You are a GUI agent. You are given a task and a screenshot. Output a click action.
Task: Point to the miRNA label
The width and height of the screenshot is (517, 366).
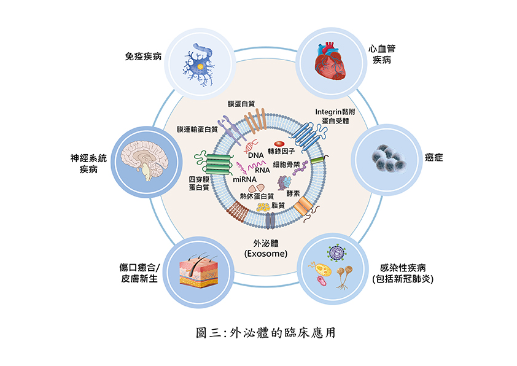pos(244,179)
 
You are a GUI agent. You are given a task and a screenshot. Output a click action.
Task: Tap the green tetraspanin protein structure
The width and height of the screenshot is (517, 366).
pos(215,164)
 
